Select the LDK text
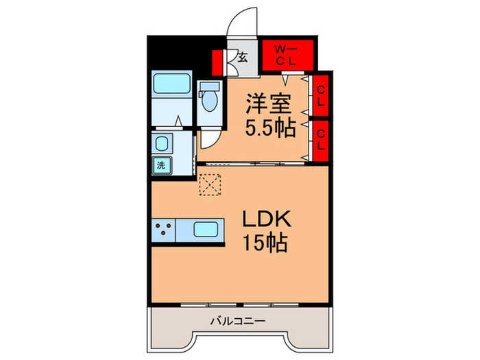point(268,220)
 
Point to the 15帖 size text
point(264,243)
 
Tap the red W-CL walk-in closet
point(288,56)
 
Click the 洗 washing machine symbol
point(161,165)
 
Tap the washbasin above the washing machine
point(163,144)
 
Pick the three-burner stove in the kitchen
point(165,230)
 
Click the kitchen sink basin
point(205,230)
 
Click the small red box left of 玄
point(218,62)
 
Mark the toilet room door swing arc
point(207,141)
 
